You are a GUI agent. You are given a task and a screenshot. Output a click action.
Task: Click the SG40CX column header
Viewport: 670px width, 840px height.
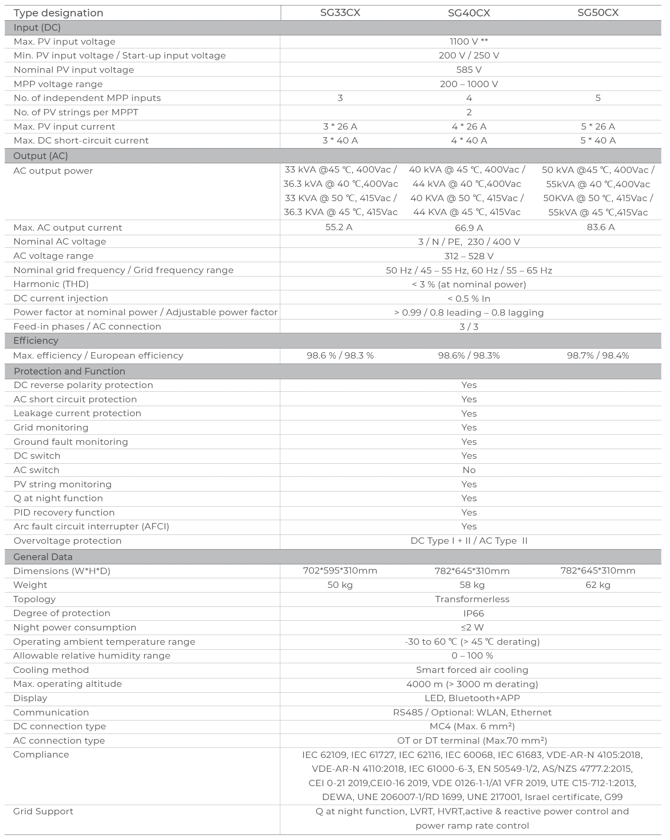point(469,13)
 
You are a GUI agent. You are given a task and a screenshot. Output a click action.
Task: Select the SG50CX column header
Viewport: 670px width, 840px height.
point(598,13)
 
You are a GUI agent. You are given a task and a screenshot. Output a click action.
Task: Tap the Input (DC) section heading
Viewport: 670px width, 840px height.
point(37,28)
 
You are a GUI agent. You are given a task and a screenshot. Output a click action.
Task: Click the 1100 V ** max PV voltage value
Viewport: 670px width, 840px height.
point(469,42)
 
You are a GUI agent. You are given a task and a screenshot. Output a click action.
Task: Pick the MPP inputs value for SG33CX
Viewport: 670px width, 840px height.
point(340,98)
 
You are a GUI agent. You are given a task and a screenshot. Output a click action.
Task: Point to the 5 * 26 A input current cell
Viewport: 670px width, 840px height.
point(598,127)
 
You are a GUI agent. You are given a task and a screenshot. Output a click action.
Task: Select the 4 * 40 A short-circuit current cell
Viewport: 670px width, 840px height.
point(469,141)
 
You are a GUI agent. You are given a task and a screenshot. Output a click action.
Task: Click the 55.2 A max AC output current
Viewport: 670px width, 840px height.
point(339,227)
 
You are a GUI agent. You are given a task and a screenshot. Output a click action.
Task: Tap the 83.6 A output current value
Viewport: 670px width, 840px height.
point(601,227)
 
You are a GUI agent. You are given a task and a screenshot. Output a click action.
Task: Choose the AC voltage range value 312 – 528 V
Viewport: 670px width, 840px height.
point(469,256)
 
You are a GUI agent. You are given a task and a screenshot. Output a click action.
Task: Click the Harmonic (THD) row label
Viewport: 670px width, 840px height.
point(51,284)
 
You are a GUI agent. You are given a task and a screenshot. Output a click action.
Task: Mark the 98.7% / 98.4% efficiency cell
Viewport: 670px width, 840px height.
point(598,356)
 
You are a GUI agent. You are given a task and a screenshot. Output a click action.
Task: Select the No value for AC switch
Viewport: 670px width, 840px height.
point(469,470)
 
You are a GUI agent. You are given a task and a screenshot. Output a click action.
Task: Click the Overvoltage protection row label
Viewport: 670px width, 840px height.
point(67,541)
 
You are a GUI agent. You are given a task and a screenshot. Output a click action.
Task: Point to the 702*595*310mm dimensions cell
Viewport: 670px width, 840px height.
point(340,571)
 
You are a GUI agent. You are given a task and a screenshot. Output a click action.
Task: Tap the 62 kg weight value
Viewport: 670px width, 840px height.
point(598,585)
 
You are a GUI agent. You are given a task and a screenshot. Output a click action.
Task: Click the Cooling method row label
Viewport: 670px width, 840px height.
point(51,670)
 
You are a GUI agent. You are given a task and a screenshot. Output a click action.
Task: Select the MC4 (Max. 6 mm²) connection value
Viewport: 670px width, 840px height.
point(472,726)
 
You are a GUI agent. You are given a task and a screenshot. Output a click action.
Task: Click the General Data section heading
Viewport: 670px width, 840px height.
point(43,557)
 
